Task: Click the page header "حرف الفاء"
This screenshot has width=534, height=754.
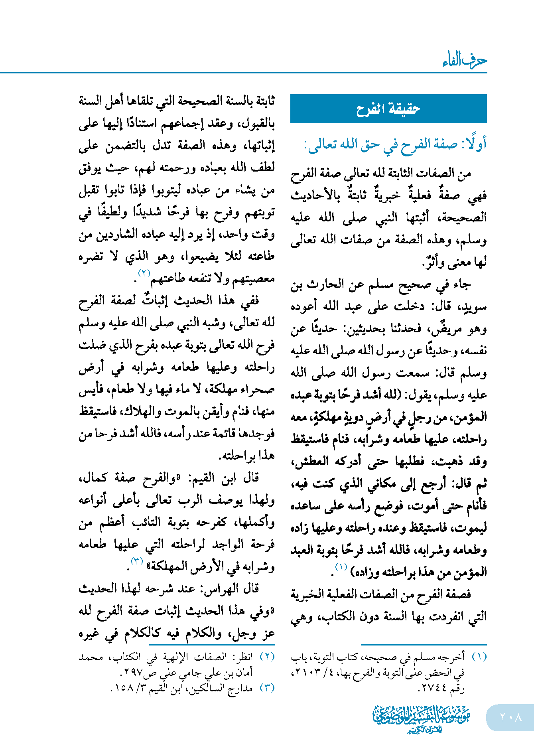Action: pyautogui.click(x=465, y=61)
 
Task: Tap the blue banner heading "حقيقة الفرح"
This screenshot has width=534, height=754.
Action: pyautogui.click(x=388, y=109)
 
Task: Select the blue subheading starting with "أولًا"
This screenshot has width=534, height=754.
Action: pyautogui.click(x=395, y=144)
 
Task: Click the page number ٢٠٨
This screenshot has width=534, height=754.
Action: pyautogui.click(x=511, y=717)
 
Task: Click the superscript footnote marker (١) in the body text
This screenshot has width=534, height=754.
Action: pyautogui.click(x=341, y=567)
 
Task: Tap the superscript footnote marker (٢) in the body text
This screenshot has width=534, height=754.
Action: pyautogui.click(x=144, y=273)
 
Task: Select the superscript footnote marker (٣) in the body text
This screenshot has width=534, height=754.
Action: pyautogui.click(x=137, y=562)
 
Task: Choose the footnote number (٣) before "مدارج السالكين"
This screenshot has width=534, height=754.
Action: pyautogui.click(x=267, y=688)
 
